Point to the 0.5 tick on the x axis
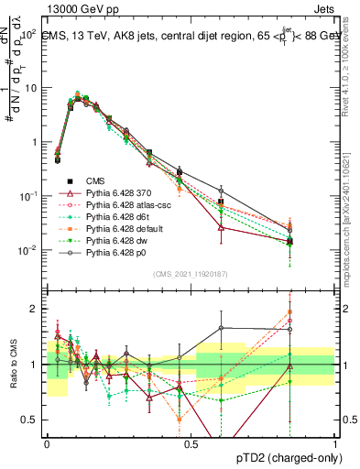pos(191,444)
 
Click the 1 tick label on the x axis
pos(335,444)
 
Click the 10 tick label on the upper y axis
pos(31,88)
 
